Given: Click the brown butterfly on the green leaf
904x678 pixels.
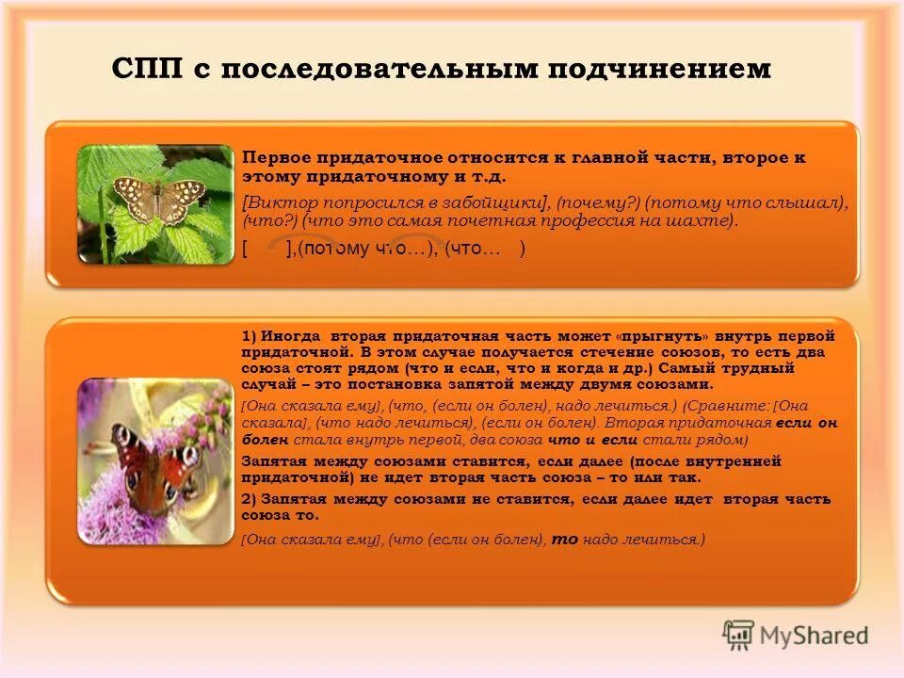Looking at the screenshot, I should (157, 197).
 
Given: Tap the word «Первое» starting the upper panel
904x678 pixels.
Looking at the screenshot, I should (271, 158).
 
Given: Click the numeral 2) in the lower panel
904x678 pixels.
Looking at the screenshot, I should (249, 498).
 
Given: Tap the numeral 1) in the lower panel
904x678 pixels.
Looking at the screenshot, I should (249, 335).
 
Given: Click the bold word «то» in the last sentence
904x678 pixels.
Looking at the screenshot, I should (564, 540).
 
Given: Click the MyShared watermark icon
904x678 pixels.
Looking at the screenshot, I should (739, 635).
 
